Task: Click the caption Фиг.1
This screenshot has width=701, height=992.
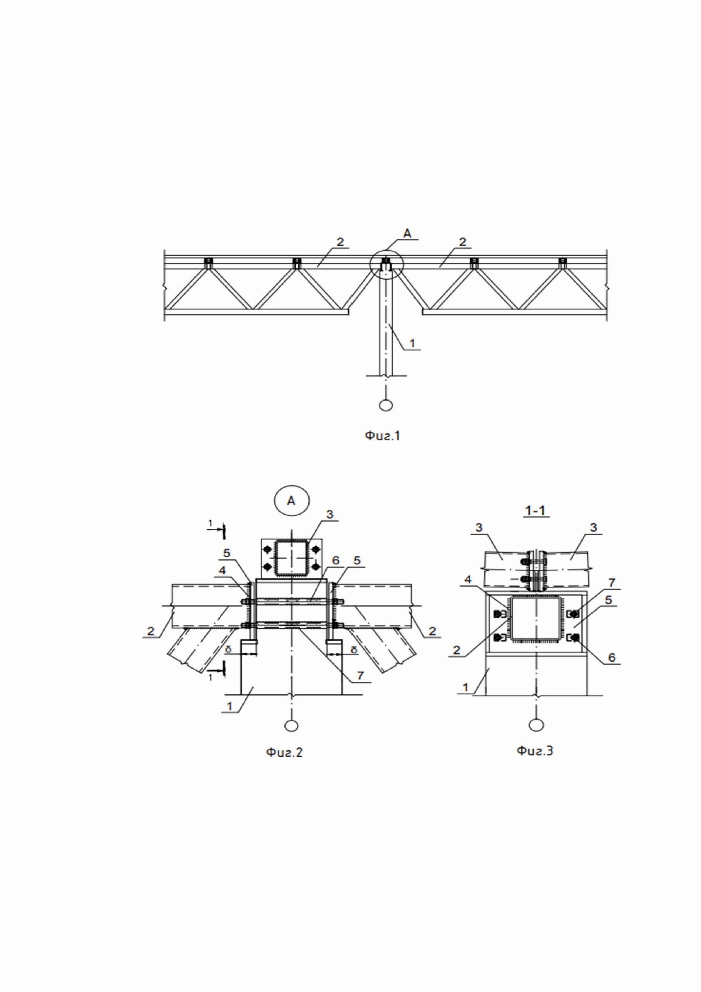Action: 382,436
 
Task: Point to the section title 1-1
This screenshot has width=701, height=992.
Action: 535,511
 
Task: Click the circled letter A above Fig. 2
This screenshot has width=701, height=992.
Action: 291,501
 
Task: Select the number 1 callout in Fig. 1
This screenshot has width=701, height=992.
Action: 412,343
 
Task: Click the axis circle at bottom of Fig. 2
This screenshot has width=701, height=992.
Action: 292,726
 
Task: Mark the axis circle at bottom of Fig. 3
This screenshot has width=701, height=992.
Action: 536,725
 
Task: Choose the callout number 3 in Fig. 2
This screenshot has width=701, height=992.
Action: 330,515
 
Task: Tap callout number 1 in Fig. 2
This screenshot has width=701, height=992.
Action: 230,706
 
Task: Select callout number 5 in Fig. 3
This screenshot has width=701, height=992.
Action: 609,600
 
